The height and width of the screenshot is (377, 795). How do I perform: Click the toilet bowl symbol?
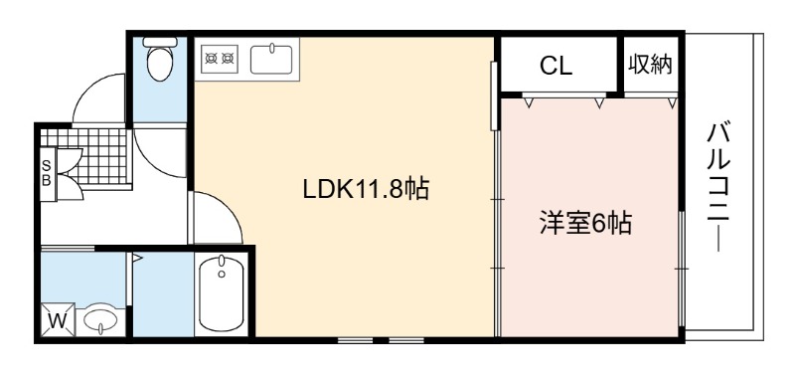(x=159, y=64)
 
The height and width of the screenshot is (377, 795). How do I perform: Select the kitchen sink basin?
(x=271, y=60)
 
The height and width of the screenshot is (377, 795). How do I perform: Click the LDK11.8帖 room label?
(x=366, y=190)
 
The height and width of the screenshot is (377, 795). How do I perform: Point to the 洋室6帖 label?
(x=585, y=223)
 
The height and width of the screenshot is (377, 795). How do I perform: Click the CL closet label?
(x=556, y=66)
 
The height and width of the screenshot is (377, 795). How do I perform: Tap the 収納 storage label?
(x=651, y=64)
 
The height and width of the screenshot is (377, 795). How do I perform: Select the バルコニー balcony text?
(x=718, y=189)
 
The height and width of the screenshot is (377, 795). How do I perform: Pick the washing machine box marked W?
(x=58, y=320)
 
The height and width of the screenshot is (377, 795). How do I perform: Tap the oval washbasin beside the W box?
(x=100, y=319)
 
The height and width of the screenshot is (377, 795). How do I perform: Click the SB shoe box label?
(x=46, y=173)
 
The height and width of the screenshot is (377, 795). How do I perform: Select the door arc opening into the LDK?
(x=226, y=206)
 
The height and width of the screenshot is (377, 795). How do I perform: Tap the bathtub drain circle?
(x=222, y=275)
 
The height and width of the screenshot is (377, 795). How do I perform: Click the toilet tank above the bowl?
(x=159, y=42)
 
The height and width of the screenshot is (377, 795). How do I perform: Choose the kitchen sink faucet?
(x=271, y=48)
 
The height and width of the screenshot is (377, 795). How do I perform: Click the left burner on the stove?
(x=212, y=58)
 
